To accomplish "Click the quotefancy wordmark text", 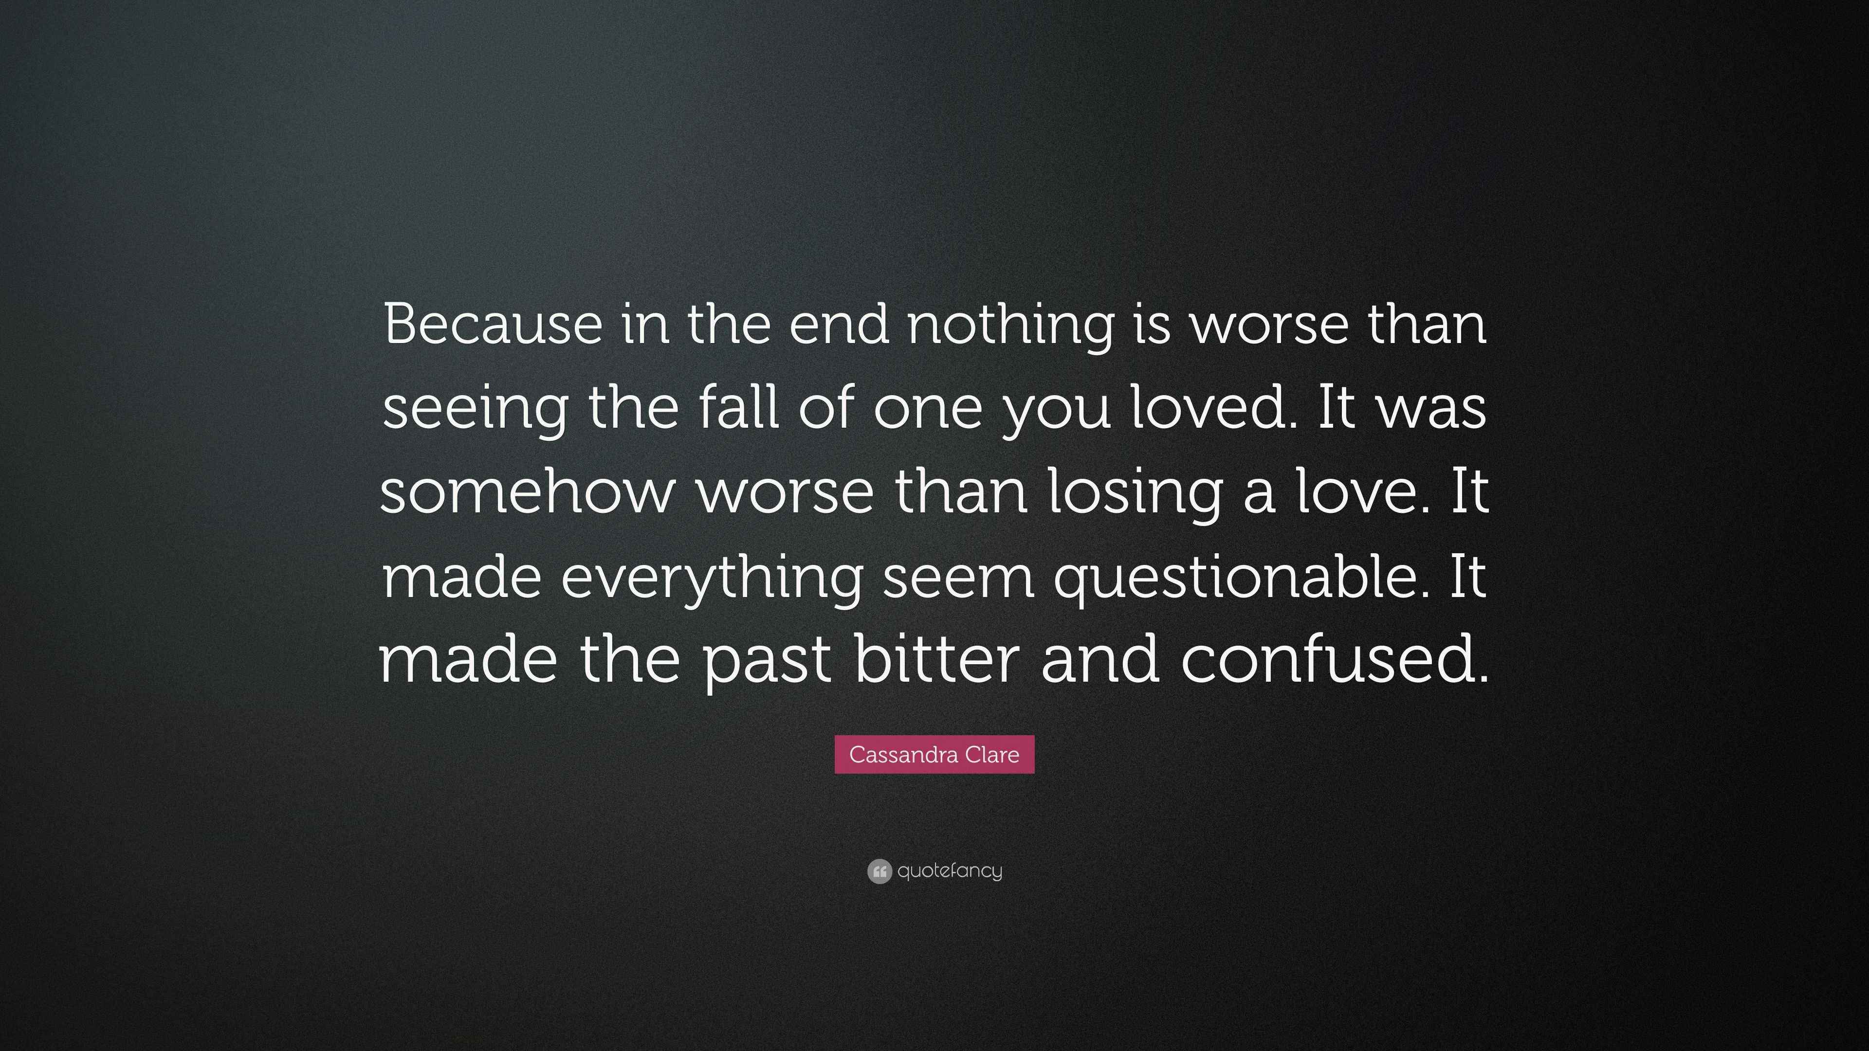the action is pos(949,870).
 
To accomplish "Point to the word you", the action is pos(1056,414).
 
